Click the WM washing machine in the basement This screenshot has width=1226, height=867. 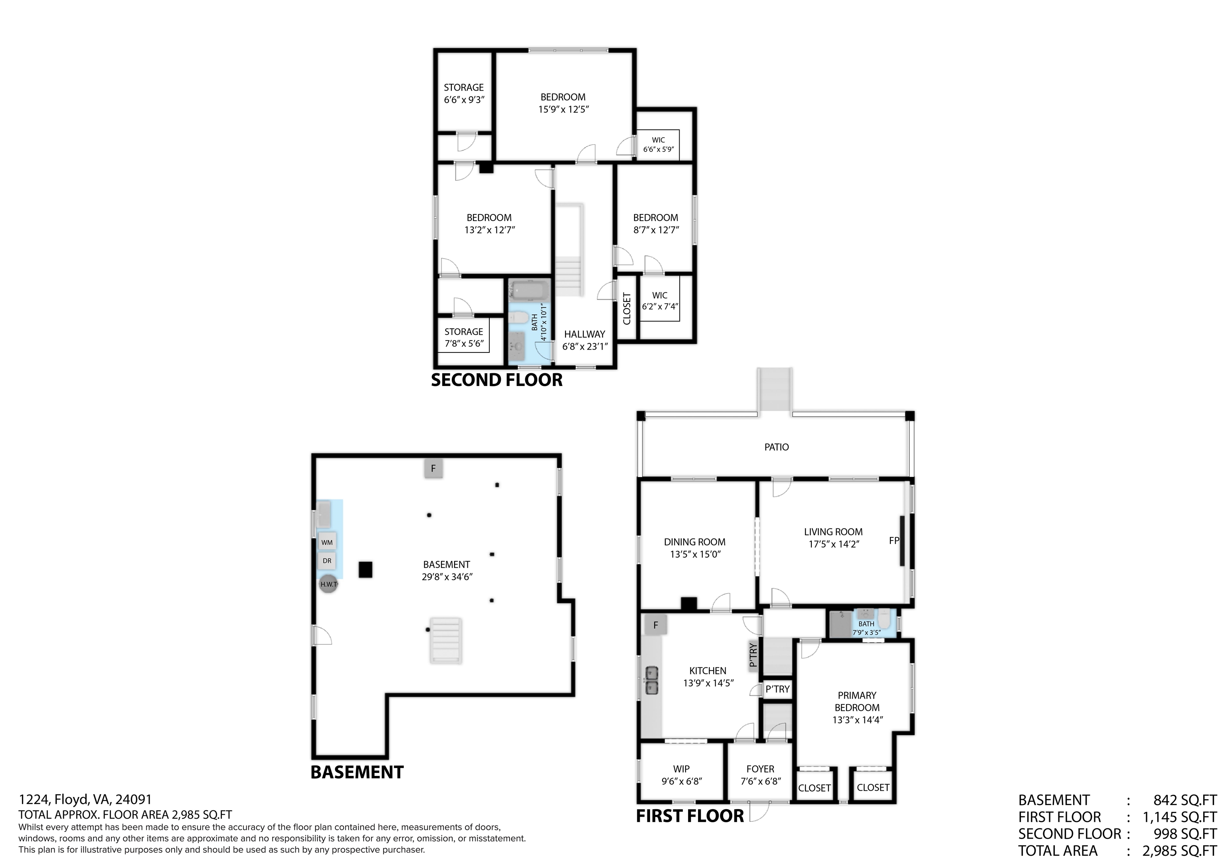[327, 542]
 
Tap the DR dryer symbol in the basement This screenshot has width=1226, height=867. [327, 560]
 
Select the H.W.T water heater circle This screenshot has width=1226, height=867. [328, 584]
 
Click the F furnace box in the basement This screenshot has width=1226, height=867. [433, 469]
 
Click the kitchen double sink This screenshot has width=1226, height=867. [651, 680]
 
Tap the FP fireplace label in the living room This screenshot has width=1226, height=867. [894, 540]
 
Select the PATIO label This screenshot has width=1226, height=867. [776, 447]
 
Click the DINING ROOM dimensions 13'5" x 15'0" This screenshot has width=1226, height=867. [695, 554]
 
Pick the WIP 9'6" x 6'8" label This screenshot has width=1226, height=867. [681, 774]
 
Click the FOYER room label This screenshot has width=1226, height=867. [760, 769]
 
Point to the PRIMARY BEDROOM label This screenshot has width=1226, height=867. [857, 701]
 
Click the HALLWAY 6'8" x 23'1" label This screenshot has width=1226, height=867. [585, 340]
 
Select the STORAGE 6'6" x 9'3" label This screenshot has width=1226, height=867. [463, 93]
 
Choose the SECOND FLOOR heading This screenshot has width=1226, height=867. [496, 380]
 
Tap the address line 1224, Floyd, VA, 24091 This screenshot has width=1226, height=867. [85, 799]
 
